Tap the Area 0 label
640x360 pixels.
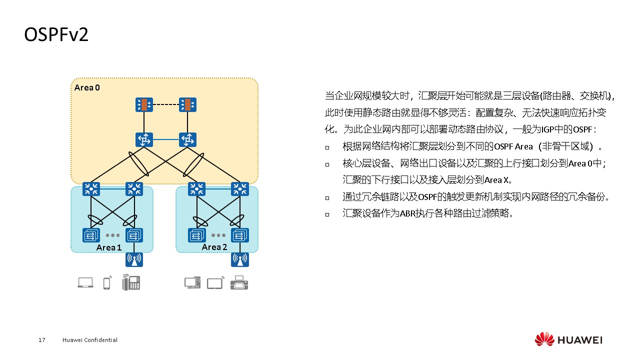coord(87,88)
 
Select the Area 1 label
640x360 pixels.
coord(109,247)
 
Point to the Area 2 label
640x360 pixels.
coord(214,247)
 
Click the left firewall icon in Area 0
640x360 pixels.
coord(144,104)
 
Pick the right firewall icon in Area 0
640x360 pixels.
coord(187,104)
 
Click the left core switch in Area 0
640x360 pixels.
coord(144,139)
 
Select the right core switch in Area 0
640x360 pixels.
coord(187,139)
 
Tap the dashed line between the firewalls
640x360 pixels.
coord(166,104)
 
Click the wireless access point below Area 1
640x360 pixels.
coord(134,259)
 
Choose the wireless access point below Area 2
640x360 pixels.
coord(240,259)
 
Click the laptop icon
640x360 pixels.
coord(85,283)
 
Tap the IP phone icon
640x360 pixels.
coord(131,282)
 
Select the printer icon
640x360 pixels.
coord(239,283)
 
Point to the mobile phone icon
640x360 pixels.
coord(106,283)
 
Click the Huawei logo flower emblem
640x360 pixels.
coord(544,339)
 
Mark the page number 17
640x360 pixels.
coord(42,340)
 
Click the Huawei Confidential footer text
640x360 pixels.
coord(90,340)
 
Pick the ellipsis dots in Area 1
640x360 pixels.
coord(112,235)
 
